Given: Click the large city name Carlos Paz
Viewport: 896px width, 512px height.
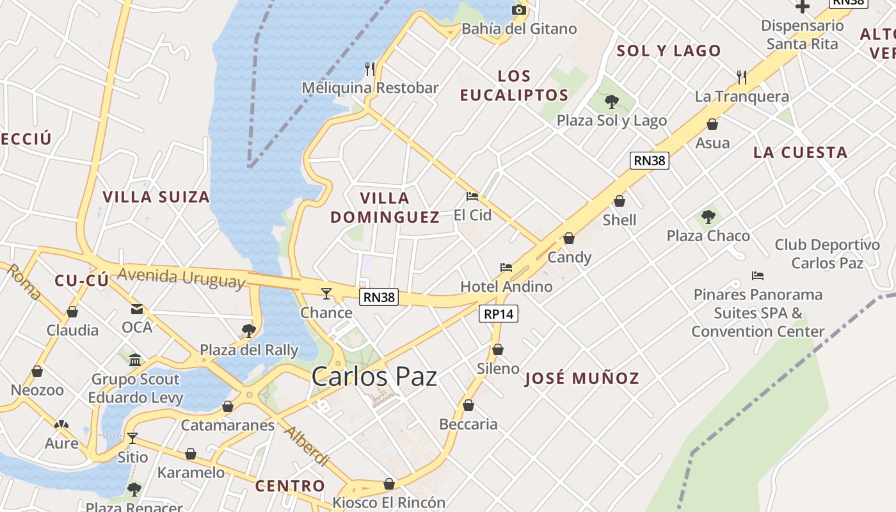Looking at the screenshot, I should (x=374, y=376).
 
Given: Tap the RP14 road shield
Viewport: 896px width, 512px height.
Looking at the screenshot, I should (x=499, y=314).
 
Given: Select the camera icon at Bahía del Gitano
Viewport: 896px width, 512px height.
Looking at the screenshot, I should (x=519, y=10).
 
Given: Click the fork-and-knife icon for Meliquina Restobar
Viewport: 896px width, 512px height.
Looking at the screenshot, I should (x=370, y=68).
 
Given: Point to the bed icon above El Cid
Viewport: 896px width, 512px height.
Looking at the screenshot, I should (x=472, y=196).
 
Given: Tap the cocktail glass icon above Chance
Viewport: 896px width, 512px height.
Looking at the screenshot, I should (x=326, y=294).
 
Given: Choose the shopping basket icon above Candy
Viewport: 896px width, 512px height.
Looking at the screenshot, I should (x=569, y=239).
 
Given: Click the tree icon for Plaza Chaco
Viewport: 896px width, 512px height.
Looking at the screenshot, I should (x=708, y=216).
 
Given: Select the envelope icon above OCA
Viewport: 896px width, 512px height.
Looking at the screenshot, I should (x=137, y=309).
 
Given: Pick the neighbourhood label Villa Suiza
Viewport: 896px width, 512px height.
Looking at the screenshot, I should (x=156, y=197).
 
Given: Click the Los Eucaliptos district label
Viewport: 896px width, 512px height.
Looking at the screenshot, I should (x=514, y=86).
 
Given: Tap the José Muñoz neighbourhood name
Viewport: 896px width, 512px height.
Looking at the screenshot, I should (x=582, y=378).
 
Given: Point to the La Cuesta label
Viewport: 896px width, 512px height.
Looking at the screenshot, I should (x=800, y=152).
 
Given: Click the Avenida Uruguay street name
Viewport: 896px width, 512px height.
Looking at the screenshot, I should (x=182, y=278).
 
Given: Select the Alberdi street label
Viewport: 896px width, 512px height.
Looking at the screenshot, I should (x=307, y=445).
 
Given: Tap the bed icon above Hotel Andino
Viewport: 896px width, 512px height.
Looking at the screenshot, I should (x=506, y=267).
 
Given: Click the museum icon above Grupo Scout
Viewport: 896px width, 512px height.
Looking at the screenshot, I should (x=135, y=360).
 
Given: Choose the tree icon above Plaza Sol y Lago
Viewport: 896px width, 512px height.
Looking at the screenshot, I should (x=611, y=101).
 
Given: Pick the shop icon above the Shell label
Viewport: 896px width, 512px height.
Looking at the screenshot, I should (x=620, y=202).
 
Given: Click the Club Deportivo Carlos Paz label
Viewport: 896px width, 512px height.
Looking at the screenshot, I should (x=827, y=254).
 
